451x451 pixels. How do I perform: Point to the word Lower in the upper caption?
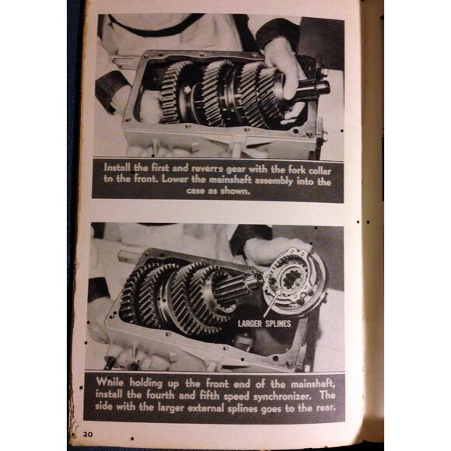pyautogui.click(x=178, y=181)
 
